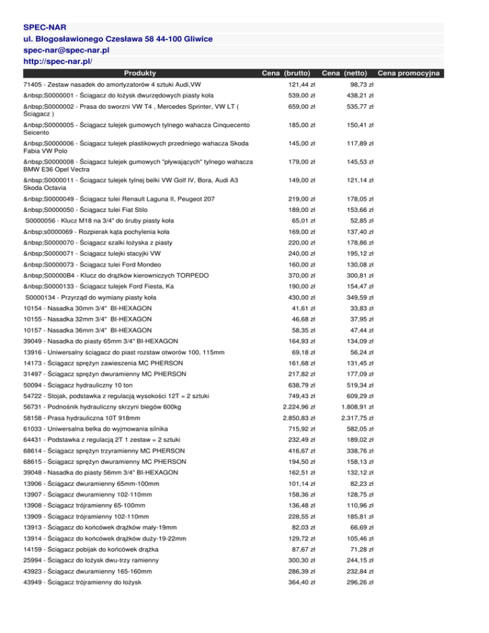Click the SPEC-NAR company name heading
click(45, 27)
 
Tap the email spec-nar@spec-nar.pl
click(77, 50)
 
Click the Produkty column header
click(141, 73)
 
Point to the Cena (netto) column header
click(348, 73)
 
